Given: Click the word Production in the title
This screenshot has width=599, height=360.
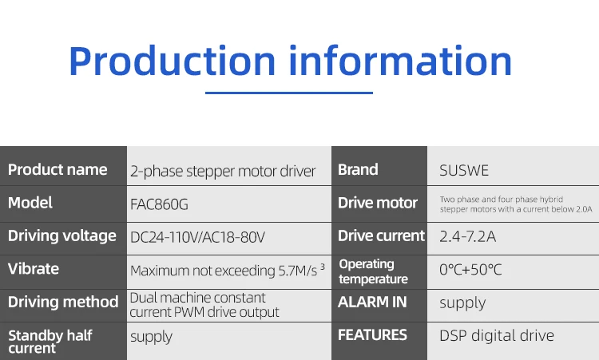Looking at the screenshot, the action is coord(173,61).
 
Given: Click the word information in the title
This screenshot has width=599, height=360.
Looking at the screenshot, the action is coord(400,61).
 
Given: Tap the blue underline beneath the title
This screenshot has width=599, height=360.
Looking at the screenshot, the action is coord(289,93).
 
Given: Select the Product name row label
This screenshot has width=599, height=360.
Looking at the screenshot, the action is coord(58,169).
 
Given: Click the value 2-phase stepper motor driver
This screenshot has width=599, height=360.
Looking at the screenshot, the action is coord(223,172).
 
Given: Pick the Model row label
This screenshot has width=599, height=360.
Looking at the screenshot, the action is coord(30,203).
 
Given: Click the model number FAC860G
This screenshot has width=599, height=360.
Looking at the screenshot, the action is coord(159,204).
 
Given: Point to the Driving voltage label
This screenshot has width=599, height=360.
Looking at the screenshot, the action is coord(61,236).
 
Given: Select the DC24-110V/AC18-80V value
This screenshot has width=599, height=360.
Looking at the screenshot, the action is coord(197,237).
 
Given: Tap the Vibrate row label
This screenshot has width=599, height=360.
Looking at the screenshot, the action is coord(34,269).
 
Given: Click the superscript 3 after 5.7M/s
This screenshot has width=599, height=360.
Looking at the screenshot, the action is coord(323,267).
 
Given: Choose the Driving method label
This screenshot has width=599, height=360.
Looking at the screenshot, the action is coord(63,302).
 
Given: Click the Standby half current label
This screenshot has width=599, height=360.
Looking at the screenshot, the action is coord(50,342).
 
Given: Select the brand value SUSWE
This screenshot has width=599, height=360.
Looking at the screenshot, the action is coord(464,170).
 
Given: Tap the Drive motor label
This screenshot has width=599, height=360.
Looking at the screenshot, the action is coord(378,203).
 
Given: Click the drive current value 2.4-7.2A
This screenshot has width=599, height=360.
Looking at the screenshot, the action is coord(467,237).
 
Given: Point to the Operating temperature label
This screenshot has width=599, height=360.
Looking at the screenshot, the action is coord(373,271).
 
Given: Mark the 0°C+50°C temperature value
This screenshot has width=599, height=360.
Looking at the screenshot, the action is coord(470,270).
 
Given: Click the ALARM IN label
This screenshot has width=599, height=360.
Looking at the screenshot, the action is coord(372,302).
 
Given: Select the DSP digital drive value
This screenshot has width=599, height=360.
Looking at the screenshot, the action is coord(497,335).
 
